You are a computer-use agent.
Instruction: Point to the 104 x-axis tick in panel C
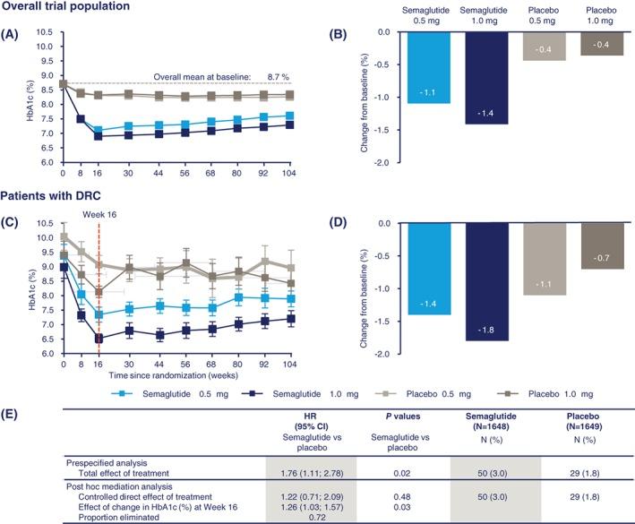coord(290,364)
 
